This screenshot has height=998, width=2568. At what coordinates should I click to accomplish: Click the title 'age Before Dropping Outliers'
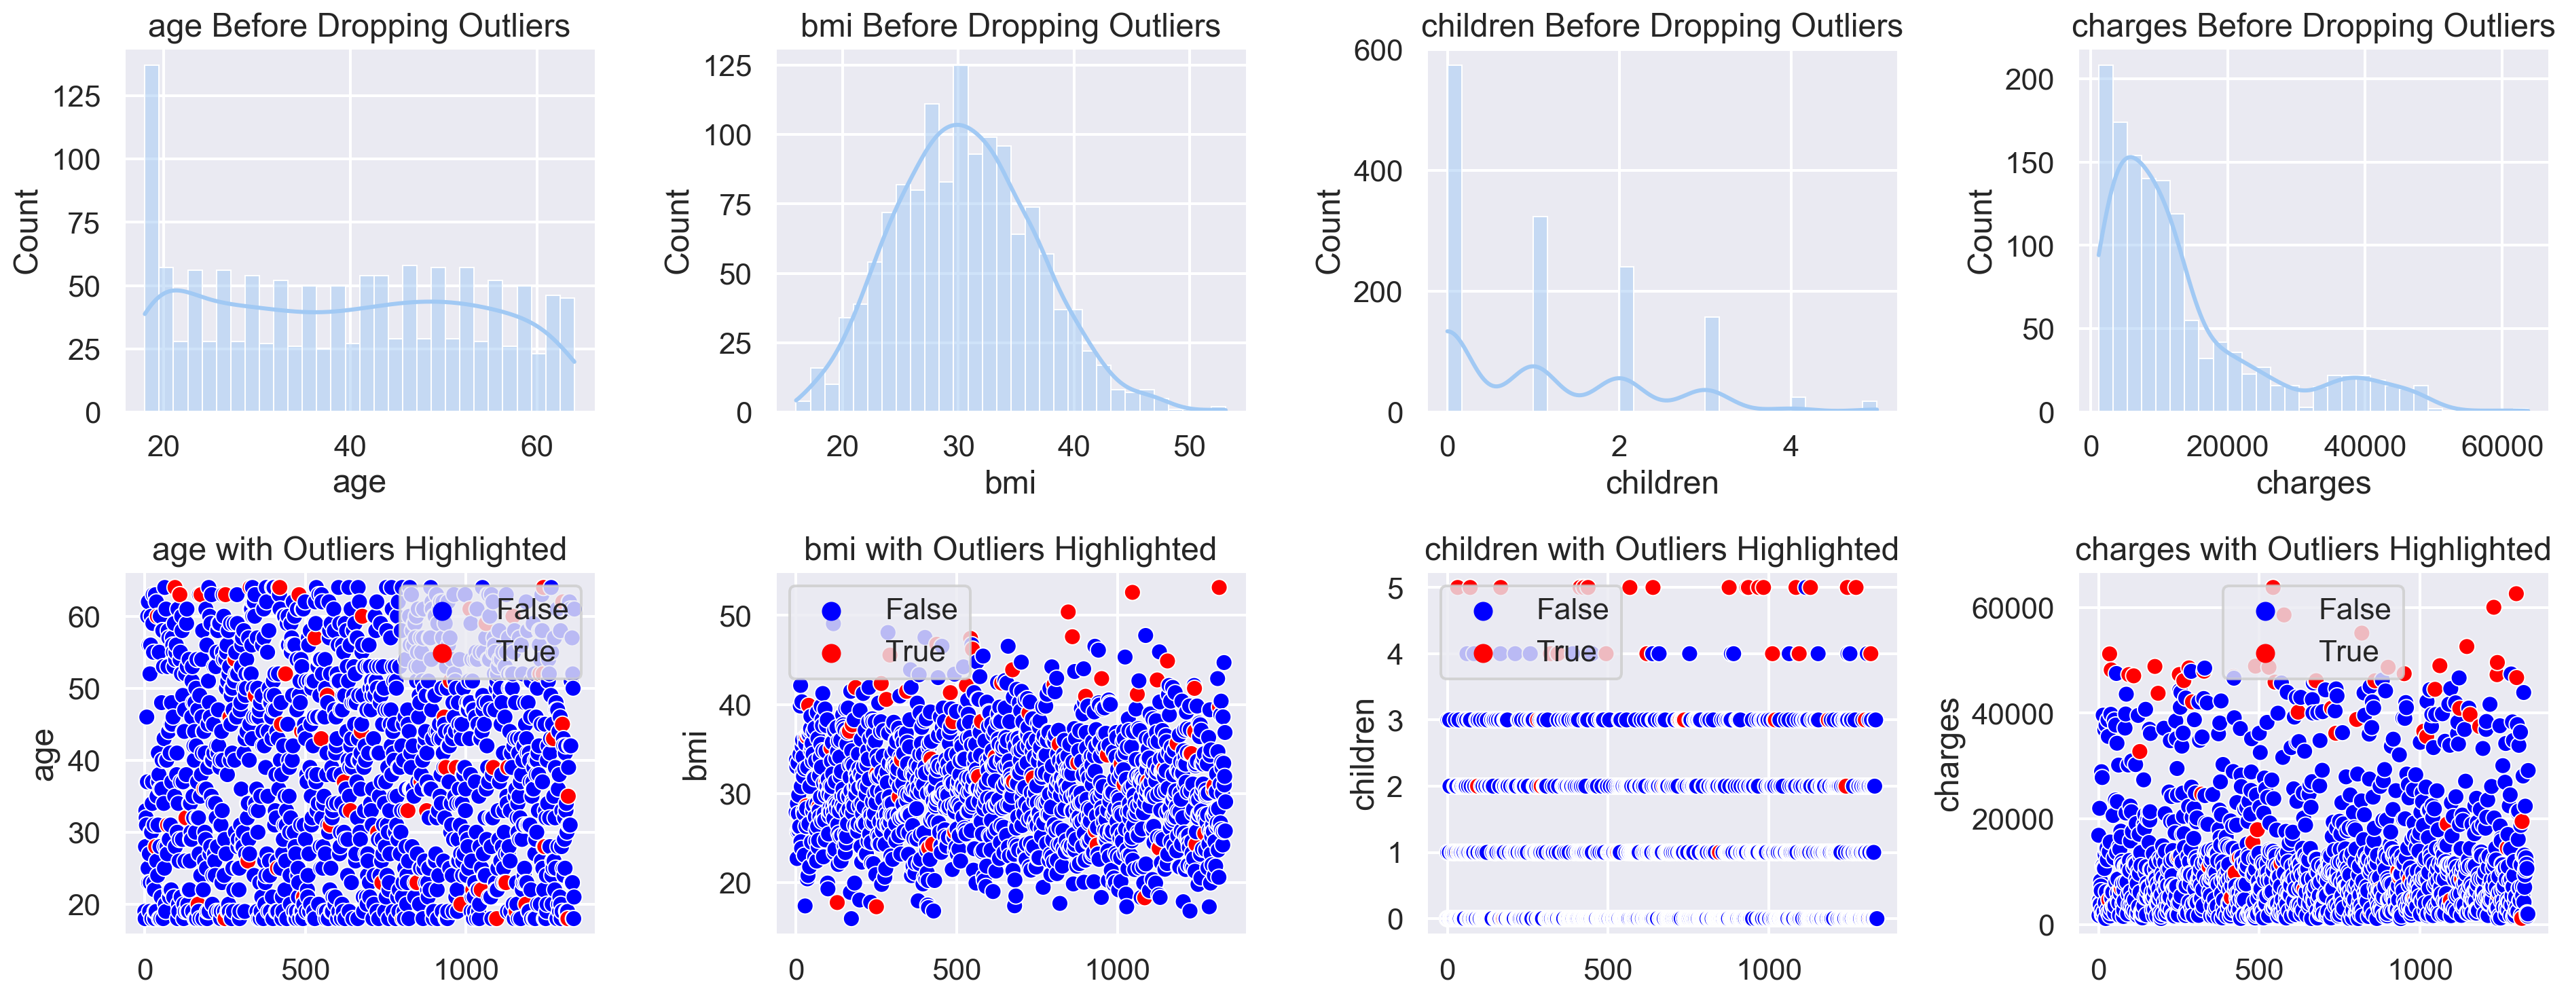pos(359,25)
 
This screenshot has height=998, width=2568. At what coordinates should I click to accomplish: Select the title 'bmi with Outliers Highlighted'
pos(1010,549)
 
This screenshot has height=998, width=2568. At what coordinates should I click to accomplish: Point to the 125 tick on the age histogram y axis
pos(77,96)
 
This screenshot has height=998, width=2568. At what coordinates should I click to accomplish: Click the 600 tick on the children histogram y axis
pos(1378,51)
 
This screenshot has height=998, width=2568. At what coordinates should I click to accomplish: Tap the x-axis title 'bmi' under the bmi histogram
pos(1010,483)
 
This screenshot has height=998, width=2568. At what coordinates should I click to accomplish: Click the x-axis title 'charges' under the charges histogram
pos(2313,483)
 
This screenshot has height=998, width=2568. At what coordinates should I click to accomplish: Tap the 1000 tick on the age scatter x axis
pos(466,969)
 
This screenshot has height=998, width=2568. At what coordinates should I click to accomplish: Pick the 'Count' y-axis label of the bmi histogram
pos(677,232)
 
